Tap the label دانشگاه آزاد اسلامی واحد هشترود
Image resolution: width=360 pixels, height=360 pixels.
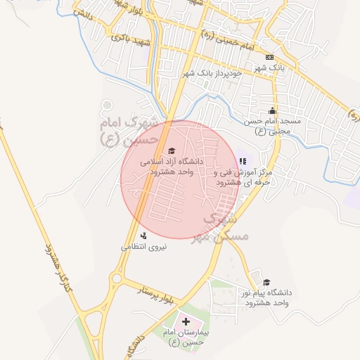[172, 166]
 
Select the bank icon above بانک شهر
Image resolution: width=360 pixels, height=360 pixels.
[269, 57]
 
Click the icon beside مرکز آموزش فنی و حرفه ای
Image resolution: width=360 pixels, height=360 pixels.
[243, 162]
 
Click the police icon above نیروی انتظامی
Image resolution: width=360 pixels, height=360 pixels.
[144, 236]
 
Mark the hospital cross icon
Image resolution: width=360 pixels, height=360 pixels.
[186, 321]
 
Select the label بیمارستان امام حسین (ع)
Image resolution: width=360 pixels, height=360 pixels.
[186, 337]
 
